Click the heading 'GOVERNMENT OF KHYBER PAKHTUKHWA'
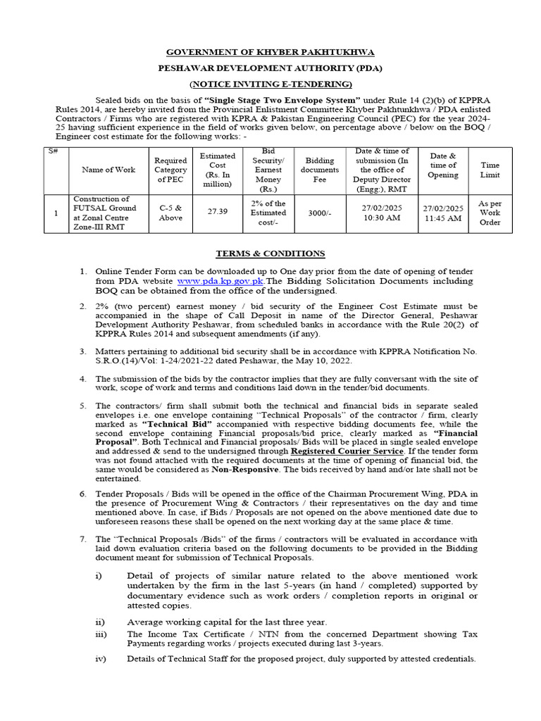(270, 53)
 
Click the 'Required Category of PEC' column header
(170, 170)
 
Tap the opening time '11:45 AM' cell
(443, 219)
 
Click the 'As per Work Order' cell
(490, 212)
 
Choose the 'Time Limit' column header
(490, 170)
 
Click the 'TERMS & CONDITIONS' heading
(270, 253)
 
